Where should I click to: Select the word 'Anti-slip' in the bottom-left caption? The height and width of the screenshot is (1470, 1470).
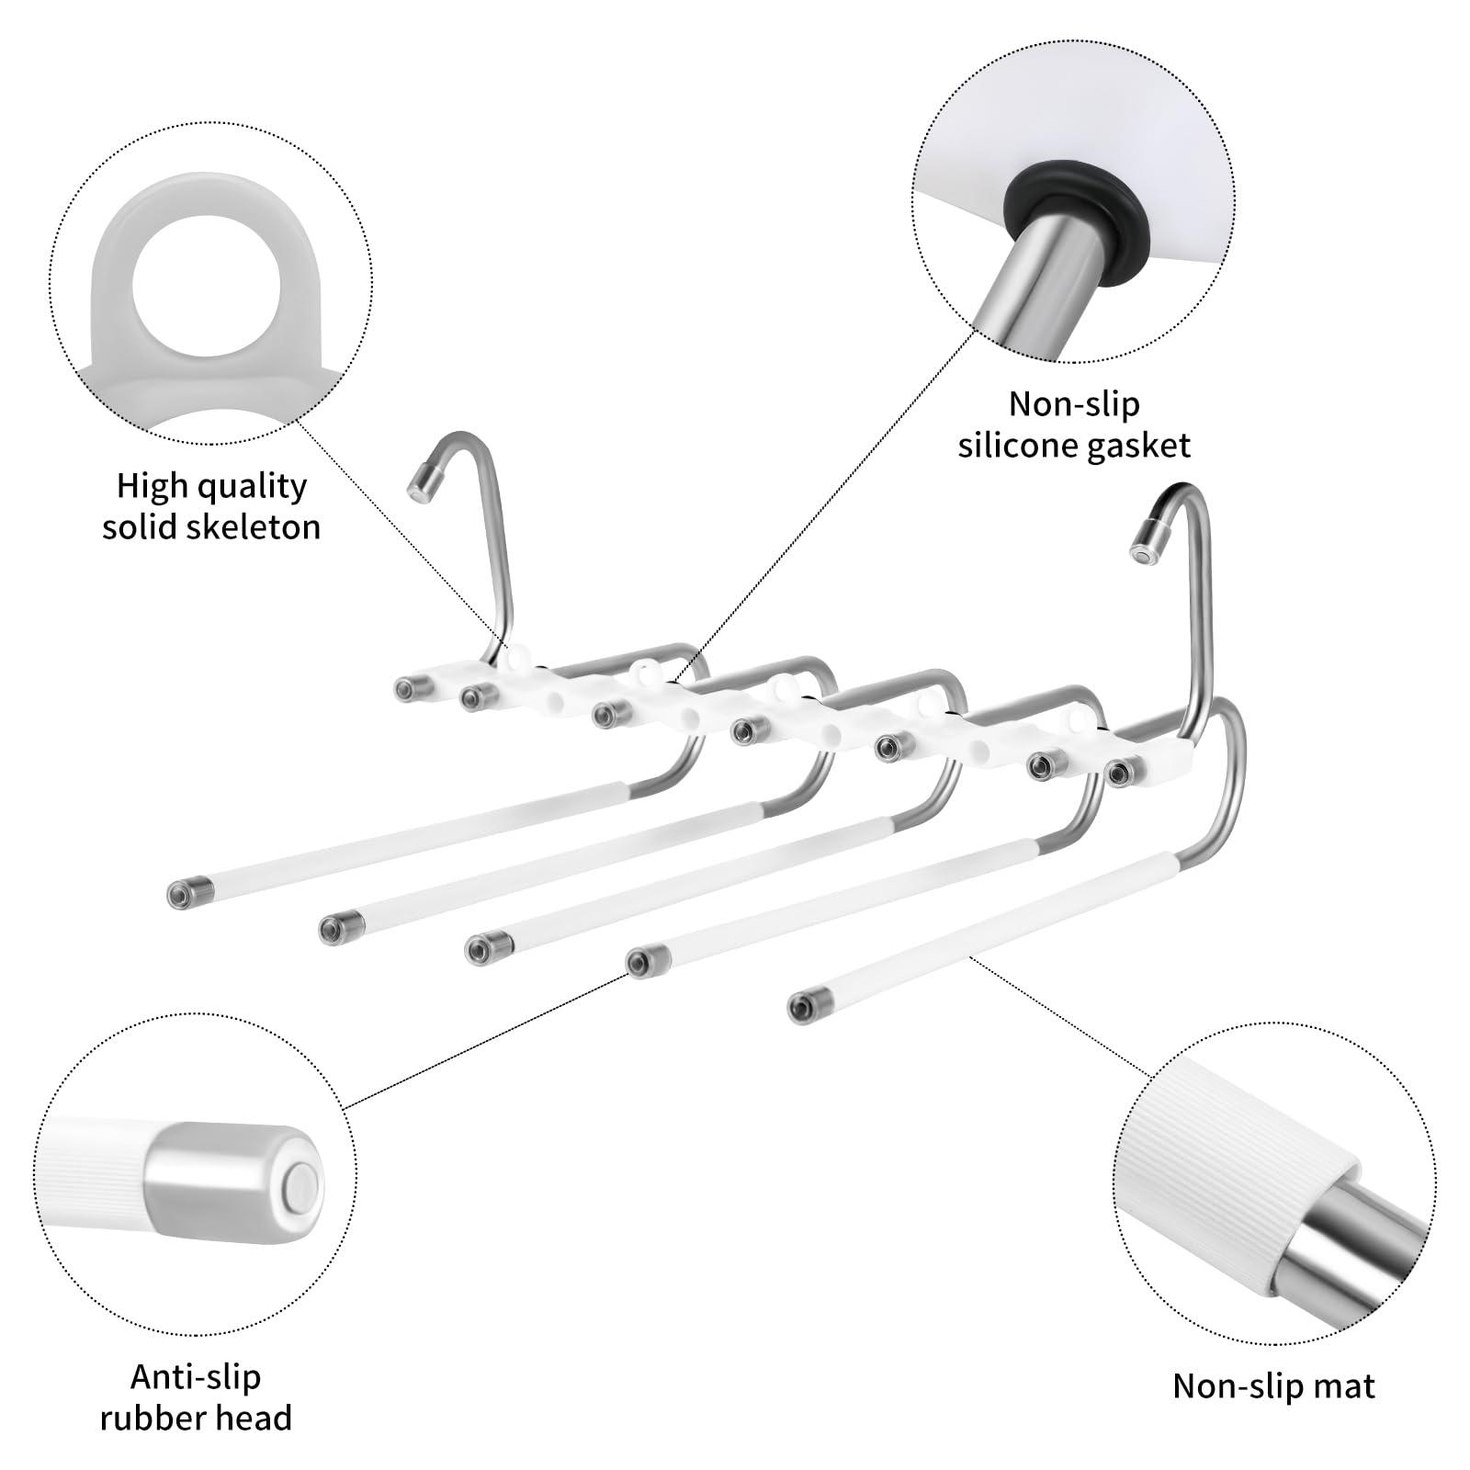[196, 1376]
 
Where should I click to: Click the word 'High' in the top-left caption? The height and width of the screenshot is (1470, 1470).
[149, 485]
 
